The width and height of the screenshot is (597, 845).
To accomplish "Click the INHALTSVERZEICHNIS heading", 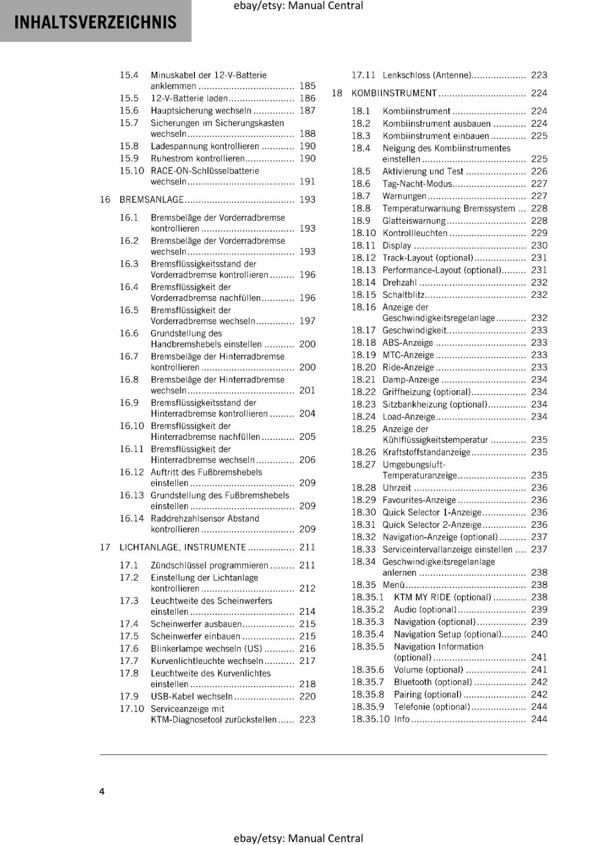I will (96, 22).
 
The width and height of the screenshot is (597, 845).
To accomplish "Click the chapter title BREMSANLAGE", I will (152, 200).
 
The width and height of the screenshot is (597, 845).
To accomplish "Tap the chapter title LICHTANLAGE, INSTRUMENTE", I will (183, 547).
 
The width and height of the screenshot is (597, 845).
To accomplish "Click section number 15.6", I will (129, 110).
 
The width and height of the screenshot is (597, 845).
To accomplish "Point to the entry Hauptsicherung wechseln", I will (201, 110).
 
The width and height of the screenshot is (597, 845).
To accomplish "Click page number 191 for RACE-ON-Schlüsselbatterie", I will (307, 182).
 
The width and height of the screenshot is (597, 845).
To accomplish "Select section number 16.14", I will (132, 519).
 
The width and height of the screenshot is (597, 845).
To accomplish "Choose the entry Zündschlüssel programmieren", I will (209, 565).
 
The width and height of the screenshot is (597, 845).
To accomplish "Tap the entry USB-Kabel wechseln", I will (191, 696).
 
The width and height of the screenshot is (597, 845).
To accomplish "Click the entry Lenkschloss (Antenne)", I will (426, 76).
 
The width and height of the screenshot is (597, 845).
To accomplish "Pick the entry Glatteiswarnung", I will (414, 221).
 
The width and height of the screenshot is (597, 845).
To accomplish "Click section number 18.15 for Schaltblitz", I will (363, 295).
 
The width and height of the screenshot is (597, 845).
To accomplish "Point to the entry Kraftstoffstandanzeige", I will (426, 452).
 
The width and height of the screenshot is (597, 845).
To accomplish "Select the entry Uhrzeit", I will (397, 487).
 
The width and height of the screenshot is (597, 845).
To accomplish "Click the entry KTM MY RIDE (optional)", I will (442, 597).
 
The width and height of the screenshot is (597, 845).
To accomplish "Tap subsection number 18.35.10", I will (370, 719).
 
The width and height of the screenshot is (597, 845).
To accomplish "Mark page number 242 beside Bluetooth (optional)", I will (539, 682).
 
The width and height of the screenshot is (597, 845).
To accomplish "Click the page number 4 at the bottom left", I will (102, 791).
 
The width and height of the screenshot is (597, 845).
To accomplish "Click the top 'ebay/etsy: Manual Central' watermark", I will (298, 6).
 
